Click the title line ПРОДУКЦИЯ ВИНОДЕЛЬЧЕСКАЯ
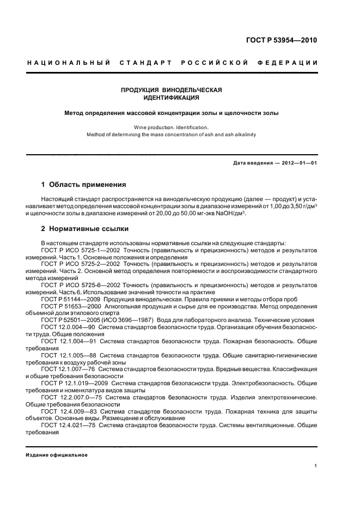coord(171,89)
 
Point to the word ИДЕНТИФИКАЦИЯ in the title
coord(171,98)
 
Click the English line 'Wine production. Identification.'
coord(171,126)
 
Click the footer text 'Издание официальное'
coord(57,455)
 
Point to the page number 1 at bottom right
coord(316,466)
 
